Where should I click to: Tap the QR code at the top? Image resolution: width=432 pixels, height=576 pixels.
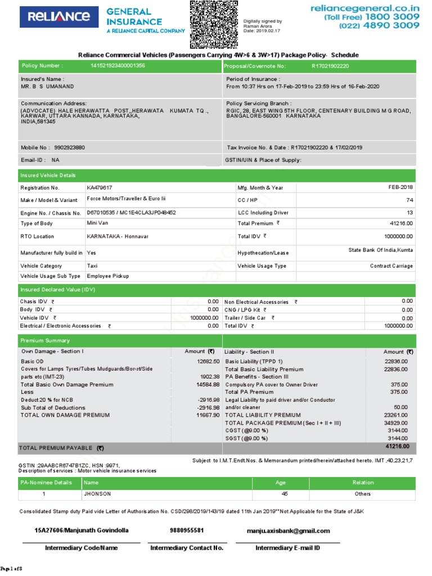point(214,24)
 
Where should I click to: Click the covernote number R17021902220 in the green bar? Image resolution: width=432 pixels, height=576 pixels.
point(330,66)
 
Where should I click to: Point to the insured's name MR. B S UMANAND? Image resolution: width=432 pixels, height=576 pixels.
point(47,87)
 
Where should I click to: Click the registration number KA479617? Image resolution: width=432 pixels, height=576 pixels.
point(100,187)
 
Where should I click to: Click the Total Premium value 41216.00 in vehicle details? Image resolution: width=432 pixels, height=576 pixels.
point(401,223)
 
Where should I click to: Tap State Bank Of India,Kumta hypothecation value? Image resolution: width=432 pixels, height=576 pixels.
point(380,249)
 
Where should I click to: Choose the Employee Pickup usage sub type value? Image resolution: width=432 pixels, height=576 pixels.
point(108,276)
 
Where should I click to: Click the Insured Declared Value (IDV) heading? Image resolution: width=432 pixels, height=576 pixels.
point(58,289)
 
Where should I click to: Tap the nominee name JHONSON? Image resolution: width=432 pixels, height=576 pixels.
point(97,494)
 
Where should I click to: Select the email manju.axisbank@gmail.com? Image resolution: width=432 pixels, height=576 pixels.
point(288,530)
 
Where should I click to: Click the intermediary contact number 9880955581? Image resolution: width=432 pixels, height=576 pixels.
point(187,530)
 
